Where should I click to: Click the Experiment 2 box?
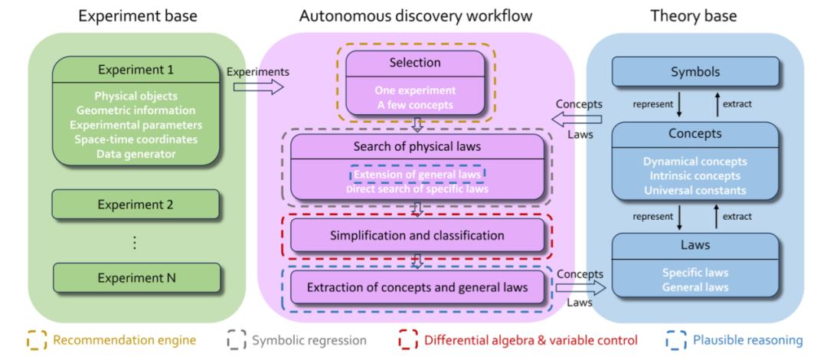coord(136,205)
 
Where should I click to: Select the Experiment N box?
coord(136,278)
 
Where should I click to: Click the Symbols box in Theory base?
coord(695,72)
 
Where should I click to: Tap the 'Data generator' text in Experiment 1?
coord(136,153)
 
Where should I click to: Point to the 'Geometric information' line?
coord(136,110)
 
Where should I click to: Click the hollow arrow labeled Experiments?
coord(258,87)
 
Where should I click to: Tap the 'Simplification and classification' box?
coord(417,235)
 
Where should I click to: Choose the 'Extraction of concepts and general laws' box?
coord(417,288)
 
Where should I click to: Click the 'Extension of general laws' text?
coord(417,175)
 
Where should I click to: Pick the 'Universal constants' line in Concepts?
coord(695,190)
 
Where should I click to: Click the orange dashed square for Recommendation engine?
coord(36,339)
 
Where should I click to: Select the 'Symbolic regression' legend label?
coord(309,340)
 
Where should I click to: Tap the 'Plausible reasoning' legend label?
coord(747,340)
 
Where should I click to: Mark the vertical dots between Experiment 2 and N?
coord(136,242)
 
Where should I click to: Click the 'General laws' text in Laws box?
coord(695,287)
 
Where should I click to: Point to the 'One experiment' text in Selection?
coord(415,90)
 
